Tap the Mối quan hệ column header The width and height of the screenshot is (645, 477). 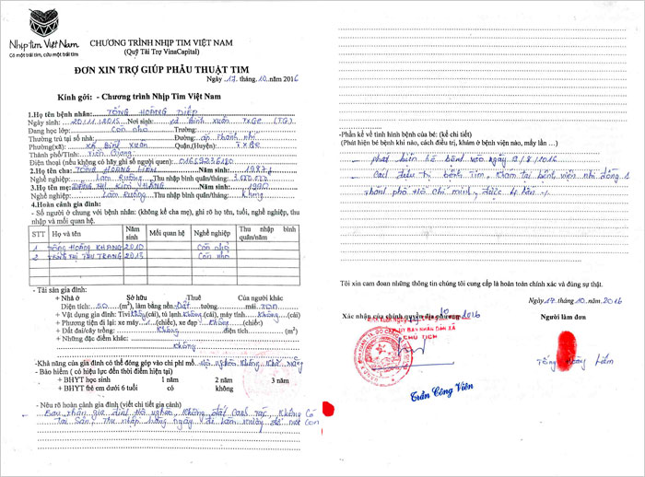click(x=167, y=234)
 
